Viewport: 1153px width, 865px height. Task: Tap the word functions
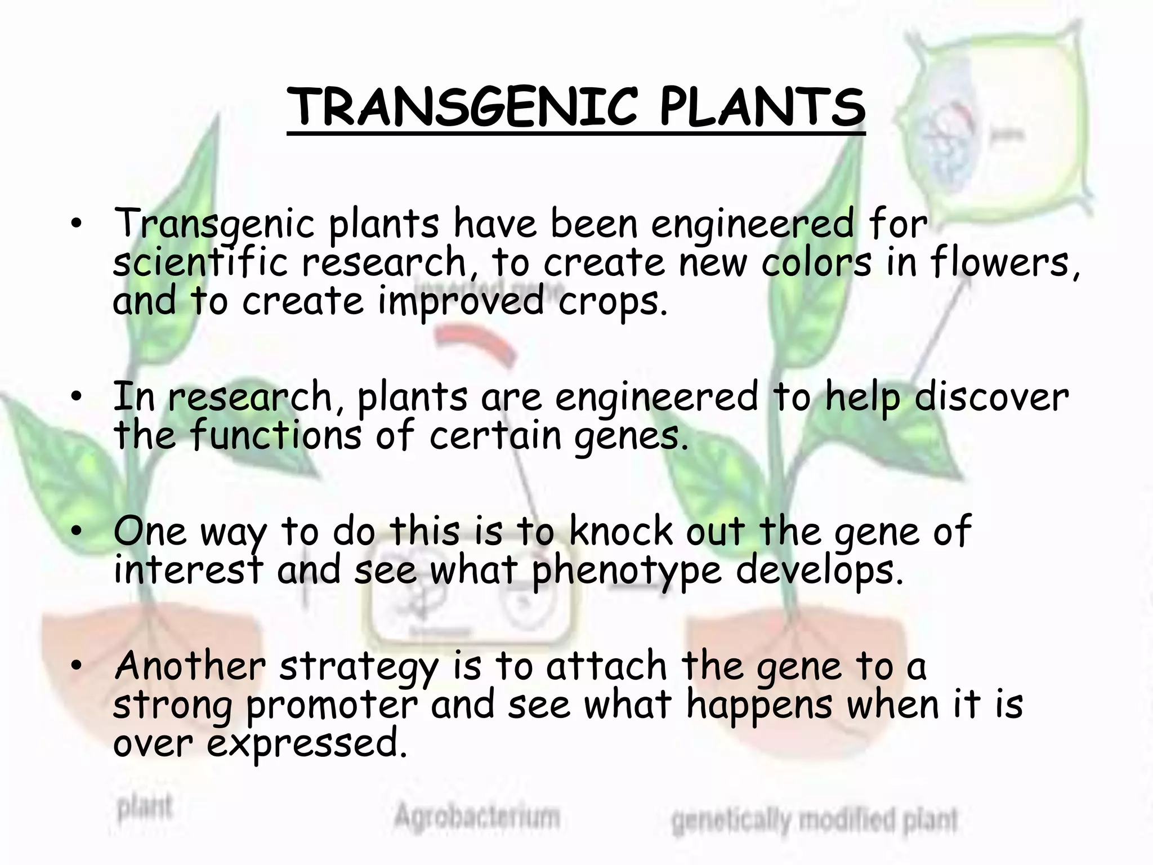click(x=276, y=435)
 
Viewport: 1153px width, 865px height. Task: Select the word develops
click(x=819, y=570)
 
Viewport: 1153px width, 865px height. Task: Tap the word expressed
click(x=307, y=744)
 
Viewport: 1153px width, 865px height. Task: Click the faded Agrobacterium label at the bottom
click(x=477, y=816)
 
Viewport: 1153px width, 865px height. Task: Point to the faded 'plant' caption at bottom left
click(x=145, y=809)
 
